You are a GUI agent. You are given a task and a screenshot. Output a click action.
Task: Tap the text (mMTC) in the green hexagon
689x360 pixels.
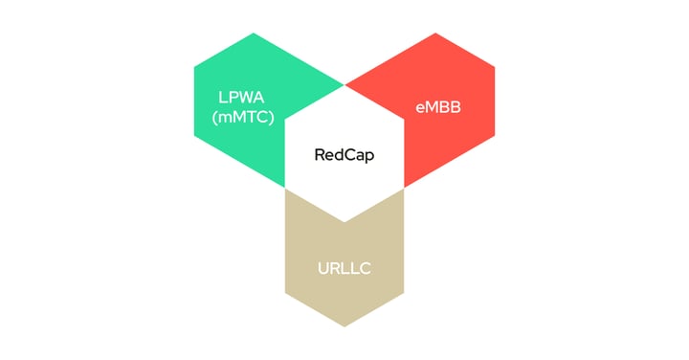[x=242, y=119]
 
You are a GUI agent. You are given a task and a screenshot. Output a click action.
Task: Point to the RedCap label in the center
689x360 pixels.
[x=344, y=153]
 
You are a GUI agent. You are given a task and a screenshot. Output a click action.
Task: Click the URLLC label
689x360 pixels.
[x=344, y=267]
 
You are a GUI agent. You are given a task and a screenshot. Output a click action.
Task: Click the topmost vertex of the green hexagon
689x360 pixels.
[x=254, y=33]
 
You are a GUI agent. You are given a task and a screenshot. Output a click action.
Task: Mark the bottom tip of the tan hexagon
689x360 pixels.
[x=344, y=326]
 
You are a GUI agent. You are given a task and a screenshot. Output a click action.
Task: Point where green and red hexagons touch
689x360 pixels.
[x=344, y=85]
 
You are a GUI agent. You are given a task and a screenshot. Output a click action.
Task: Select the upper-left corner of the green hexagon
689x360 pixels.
[x=194, y=67]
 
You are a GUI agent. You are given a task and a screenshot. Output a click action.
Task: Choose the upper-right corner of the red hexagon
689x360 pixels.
[x=495, y=67]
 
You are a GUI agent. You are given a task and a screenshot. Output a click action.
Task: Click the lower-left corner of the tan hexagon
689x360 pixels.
[x=285, y=292]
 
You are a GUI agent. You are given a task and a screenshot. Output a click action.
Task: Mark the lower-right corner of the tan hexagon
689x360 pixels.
[x=404, y=292]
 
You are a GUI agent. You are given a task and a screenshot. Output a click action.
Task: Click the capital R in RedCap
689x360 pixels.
[x=320, y=153]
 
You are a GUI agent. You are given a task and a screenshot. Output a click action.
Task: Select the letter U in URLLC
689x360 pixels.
[x=323, y=267]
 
